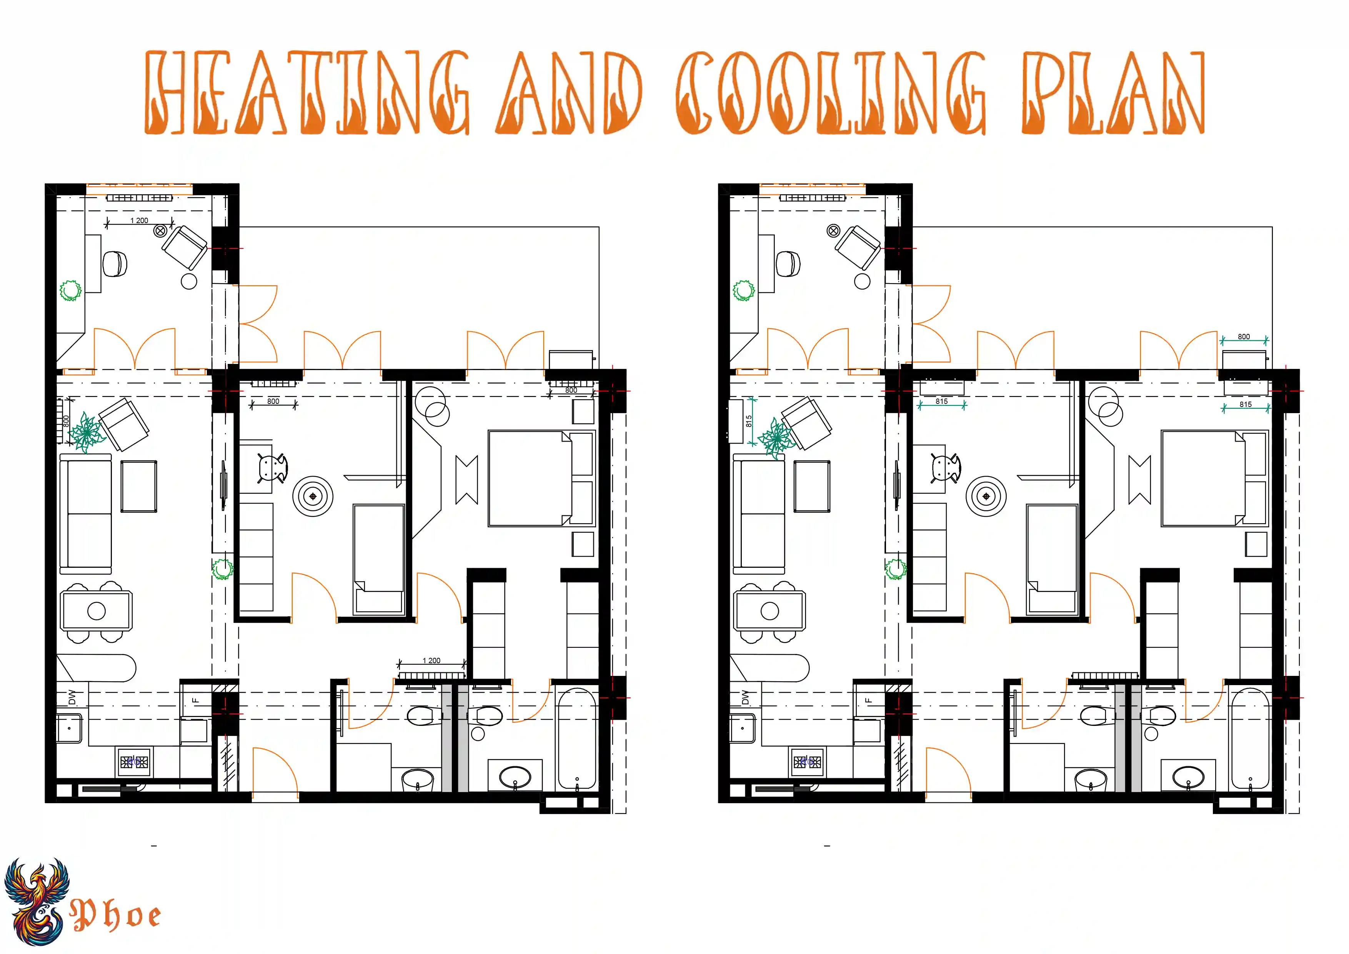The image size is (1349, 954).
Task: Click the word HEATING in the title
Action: point(307,92)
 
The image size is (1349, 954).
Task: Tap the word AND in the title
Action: point(569,92)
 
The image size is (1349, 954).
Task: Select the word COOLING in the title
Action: point(831,92)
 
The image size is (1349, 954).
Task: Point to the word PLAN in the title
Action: point(1113,92)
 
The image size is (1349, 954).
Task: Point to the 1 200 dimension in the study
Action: point(139,220)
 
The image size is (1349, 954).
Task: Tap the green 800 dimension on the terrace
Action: point(1244,337)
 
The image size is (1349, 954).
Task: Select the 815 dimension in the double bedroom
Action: point(1246,404)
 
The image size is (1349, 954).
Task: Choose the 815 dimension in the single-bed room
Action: point(942,402)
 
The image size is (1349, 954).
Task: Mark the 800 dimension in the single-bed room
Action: point(273,402)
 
